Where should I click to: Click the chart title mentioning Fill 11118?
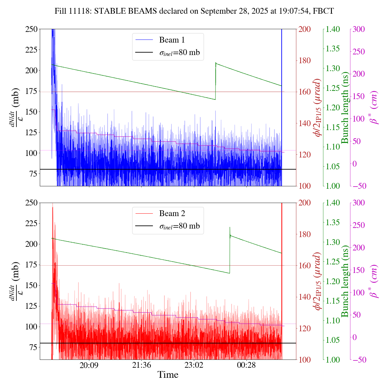click(x=194, y=11)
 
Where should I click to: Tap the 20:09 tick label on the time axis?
click(x=89, y=365)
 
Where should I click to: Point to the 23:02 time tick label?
click(x=194, y=365)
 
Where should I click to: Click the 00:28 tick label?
click(x=246, y=365)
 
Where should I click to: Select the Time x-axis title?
click(x=168, y=375)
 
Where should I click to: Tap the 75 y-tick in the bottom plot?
click(x=32, y=347)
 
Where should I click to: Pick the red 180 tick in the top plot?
click(x=305, y=60)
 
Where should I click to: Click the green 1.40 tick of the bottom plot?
click(x=333, y=203)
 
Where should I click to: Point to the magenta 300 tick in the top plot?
click(x=359, y=29)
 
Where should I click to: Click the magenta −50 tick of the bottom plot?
click(x=359, y=360)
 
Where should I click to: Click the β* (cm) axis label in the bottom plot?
click(x=374, y=281)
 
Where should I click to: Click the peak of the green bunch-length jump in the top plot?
click(x=216, y=63)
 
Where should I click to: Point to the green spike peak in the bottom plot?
click(x=230, y=227)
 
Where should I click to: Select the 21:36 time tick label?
click(x=141, y=365)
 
